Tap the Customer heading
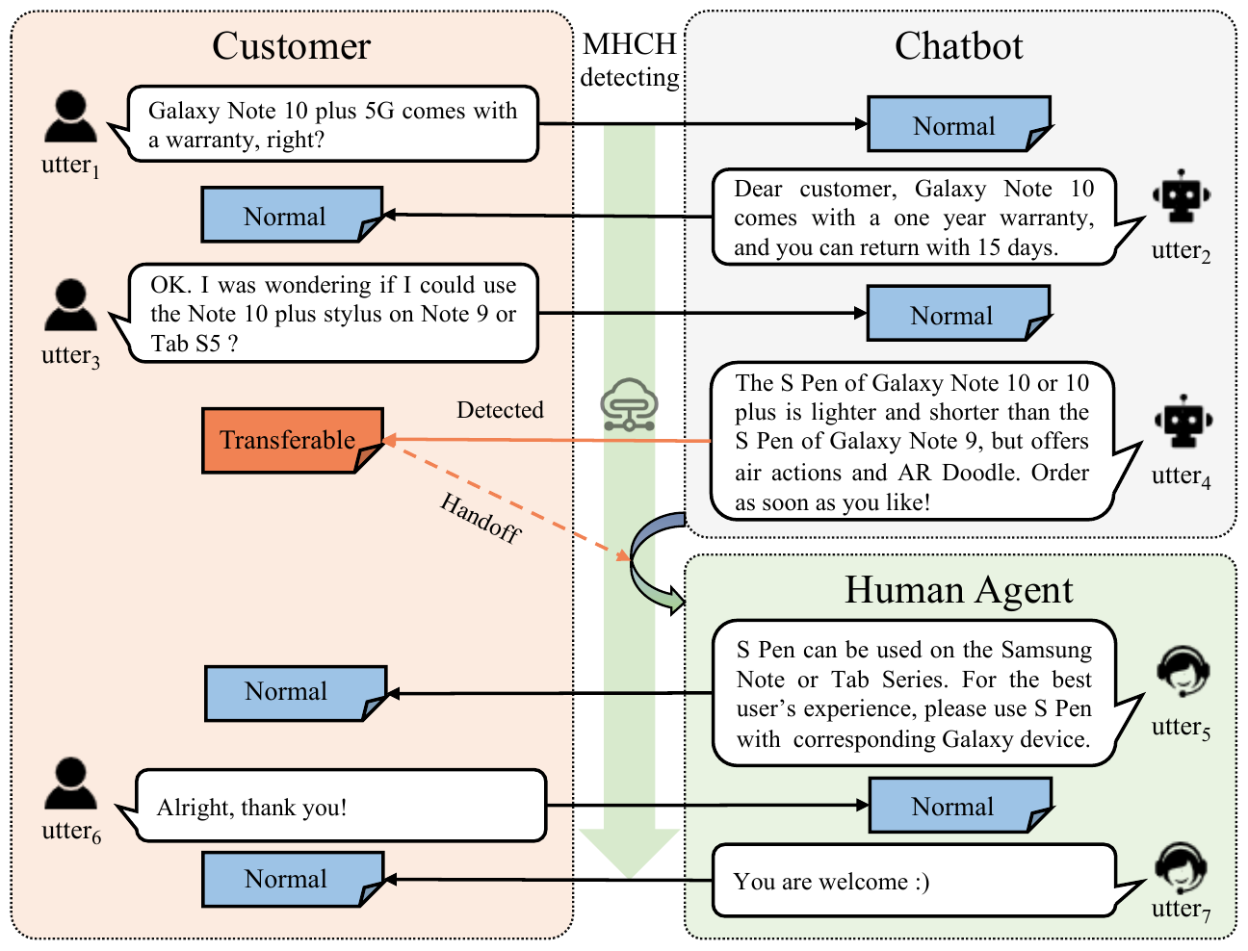291,46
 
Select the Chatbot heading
958,46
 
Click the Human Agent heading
958,590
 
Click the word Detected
500,410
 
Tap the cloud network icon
629,404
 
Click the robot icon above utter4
1182,422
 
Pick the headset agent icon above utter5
1182,672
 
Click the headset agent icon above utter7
1181,868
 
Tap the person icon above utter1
70,116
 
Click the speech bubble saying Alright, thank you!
339,806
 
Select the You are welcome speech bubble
912,881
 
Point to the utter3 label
70,356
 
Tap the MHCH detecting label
630,60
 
